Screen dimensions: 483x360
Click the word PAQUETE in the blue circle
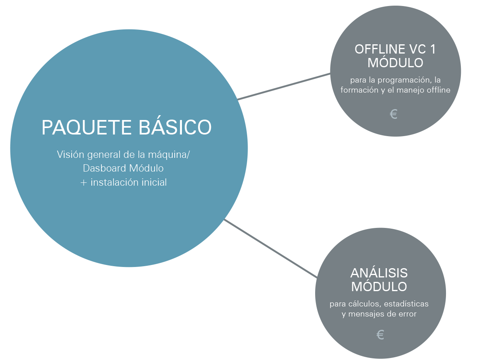click(x=87, y=128)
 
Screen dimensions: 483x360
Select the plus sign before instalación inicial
click(x=83, y=182)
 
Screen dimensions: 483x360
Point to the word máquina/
click(x=169, y=155)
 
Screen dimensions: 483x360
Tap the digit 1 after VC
click(x=433, y=49)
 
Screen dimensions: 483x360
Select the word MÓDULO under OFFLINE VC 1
click(x=395, y=63)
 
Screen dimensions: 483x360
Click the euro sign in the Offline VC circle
click(x=394, y=114)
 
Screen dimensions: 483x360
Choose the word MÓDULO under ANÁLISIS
click(x=379, y=287)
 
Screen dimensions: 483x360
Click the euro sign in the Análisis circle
click(x=380, y=335)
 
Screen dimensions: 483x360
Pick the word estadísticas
click(x=406, y=304)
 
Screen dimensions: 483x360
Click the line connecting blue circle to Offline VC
click(x=284, y=87)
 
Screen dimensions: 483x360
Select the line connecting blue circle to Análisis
click(x=270, y=248)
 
